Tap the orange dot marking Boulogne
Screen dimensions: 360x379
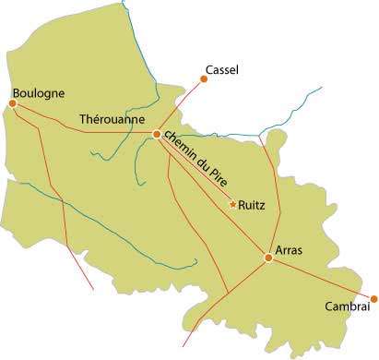tap(13, 103)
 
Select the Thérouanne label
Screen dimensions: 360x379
tap(114, 120)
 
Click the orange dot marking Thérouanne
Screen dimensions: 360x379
tap(157, 135)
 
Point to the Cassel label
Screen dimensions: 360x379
tap(224, 69)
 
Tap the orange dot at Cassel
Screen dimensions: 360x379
tap(203, 79)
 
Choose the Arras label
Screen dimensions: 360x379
tap(290, 250)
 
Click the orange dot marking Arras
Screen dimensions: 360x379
tap(268, 258)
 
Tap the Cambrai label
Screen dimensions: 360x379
tap(347, 307)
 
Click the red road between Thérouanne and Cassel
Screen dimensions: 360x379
tap(181, 105)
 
